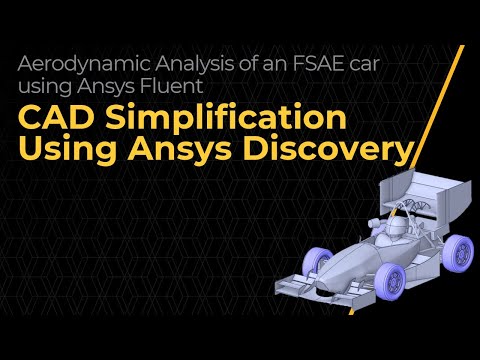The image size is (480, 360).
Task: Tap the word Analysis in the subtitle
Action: [x=177, y=61]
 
